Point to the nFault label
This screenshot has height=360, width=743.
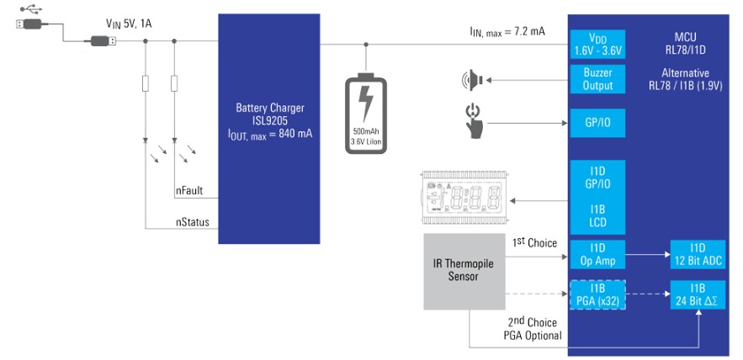pos(189,192)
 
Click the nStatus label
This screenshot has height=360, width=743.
pos(192,223)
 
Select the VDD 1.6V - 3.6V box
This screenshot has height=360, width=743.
pos(597,45)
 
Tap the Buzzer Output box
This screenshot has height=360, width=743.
pos(597,80)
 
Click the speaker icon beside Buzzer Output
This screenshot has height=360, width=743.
pos(468,81)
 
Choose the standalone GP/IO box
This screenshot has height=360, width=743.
pos(597,122)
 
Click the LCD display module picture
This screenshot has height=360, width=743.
pos(462,199)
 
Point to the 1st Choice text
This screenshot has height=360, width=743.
pos(534,243)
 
